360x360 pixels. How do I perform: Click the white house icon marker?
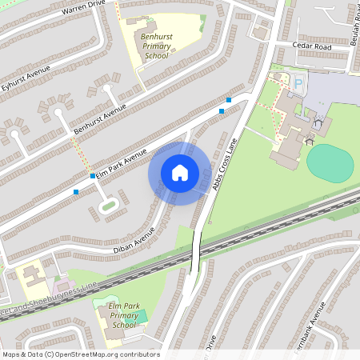(x=180, y=173)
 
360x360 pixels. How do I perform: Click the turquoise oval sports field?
(x=330, y=164)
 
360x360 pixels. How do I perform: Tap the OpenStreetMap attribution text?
(x=80, y=354)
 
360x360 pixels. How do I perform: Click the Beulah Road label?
(x=354, y=24)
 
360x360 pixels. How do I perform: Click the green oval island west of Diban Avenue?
(x=108, y=206)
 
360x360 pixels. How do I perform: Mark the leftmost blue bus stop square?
(x=76, y=192)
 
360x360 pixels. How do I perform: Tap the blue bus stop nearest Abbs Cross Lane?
(x=230, y=100)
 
